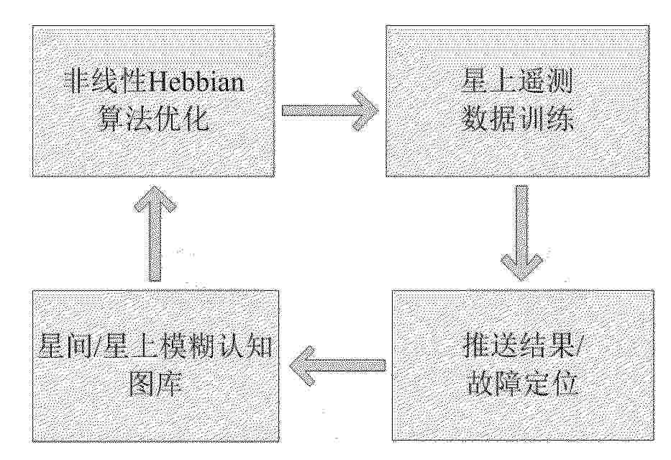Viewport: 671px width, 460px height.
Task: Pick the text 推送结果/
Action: tap(521, 346)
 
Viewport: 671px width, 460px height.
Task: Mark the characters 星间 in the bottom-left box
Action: tap(65, 346)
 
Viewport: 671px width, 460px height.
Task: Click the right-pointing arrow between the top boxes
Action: tap(330, 110)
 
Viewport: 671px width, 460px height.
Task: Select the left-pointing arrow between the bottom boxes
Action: tap(338, 365)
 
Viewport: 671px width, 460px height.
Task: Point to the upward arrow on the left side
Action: tap(155, 233)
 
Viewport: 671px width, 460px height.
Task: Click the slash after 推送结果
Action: tap(576, 346)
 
